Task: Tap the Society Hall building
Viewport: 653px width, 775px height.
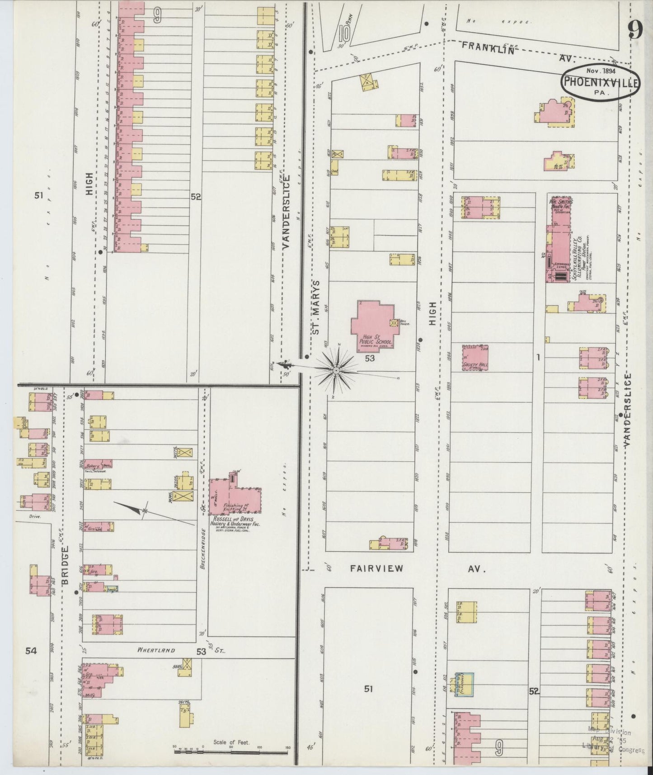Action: click(475, 358)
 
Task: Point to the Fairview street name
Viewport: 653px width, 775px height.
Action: click(376, 568)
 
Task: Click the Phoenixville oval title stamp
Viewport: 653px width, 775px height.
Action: click(600, 82)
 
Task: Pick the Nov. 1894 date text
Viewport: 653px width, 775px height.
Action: click(599, 71)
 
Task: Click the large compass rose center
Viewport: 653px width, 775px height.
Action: click(336, 371)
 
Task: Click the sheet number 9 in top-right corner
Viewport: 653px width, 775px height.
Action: click(635, 32)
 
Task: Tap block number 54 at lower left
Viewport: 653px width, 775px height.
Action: click(31, 651)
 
